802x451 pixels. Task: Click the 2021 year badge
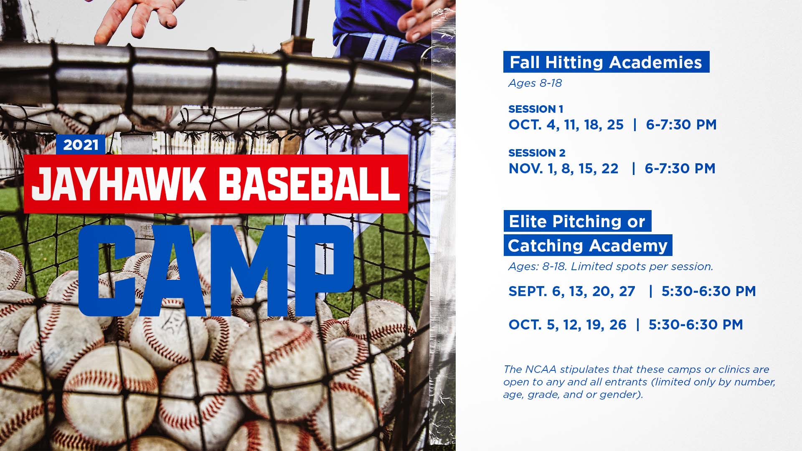point(81,145)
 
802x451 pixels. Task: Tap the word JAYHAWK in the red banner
point(119,183)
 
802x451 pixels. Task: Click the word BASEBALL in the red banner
point(309,183)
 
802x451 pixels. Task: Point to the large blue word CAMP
point(216,271)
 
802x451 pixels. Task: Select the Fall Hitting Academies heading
point(606,62)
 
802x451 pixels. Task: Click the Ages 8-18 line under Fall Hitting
point(535,83)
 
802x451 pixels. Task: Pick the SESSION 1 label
point(536,109)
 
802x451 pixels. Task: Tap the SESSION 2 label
point(537,153)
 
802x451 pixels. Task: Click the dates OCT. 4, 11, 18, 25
point(566,124)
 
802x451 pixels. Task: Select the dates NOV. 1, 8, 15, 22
point(563,168)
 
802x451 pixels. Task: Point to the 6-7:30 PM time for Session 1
point(681,124)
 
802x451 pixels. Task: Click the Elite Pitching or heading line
point(577,221)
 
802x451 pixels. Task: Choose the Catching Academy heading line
point(588,245)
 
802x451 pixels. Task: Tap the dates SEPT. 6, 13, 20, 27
point(572,291)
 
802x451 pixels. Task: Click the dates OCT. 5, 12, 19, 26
point(567,324)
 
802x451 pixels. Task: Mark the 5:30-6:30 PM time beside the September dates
point(709,291)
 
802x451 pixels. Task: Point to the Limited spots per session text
point(642,266)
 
